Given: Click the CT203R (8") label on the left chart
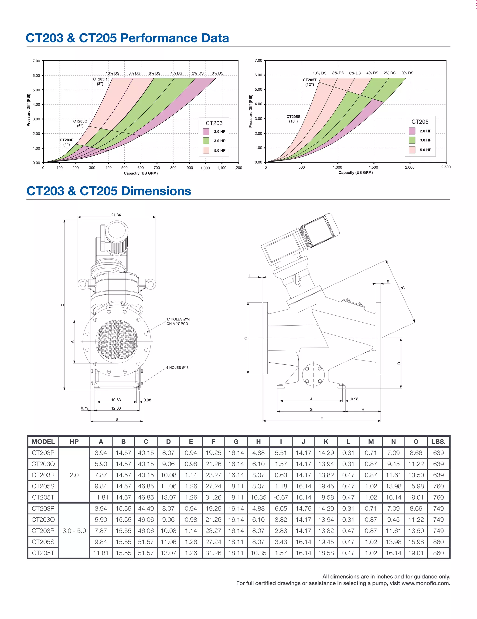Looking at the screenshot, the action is tap(100, 81).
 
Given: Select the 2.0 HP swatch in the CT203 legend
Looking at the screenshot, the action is tap(206, 132).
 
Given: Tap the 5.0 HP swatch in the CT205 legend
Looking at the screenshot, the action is tap(412, 150).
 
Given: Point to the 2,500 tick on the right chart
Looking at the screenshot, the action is tap(446, 167).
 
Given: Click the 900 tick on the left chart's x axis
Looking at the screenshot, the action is tap(190, 167).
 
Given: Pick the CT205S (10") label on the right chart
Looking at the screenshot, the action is tap(293, 119).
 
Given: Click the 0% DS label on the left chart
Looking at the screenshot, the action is tap(217, 73).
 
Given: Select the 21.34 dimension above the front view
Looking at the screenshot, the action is tap(116, 215).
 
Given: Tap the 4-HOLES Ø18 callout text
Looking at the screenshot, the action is tap(177, 367).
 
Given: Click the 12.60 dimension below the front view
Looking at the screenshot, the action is tap(116, 408).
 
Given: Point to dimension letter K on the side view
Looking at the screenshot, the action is tap(403, 288).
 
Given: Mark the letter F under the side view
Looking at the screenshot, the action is tap(322, 419).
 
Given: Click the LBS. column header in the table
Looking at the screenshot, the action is tap(439, 442).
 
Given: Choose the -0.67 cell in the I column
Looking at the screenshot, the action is tap(281, 497).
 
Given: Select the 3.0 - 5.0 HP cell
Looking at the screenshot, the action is tap(74, 531).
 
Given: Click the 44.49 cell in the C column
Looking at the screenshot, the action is tap(146, 508).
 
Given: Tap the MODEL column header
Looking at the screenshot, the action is tap(43, 442).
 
